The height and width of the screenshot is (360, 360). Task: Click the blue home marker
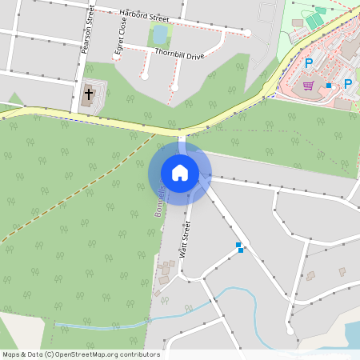tap(179, 172)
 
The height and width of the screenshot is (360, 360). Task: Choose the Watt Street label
tap(186, 239)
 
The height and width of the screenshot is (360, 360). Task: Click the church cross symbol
tap(88, 94)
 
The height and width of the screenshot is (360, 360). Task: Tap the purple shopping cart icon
tap(309, 85)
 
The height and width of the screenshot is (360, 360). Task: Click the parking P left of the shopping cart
tap(309, 63)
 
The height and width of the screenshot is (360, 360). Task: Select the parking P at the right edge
tap(348, 83)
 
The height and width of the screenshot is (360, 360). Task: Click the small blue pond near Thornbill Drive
tap(159, 34)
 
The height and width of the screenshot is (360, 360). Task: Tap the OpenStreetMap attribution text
tap(81, 354)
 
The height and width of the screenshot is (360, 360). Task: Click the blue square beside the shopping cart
tap(328, 85)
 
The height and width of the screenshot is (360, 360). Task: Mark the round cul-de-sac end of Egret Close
tap(145, 77)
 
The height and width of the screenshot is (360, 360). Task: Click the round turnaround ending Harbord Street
tap(248, 33)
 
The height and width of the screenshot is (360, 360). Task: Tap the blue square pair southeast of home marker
tap(239, 247)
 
